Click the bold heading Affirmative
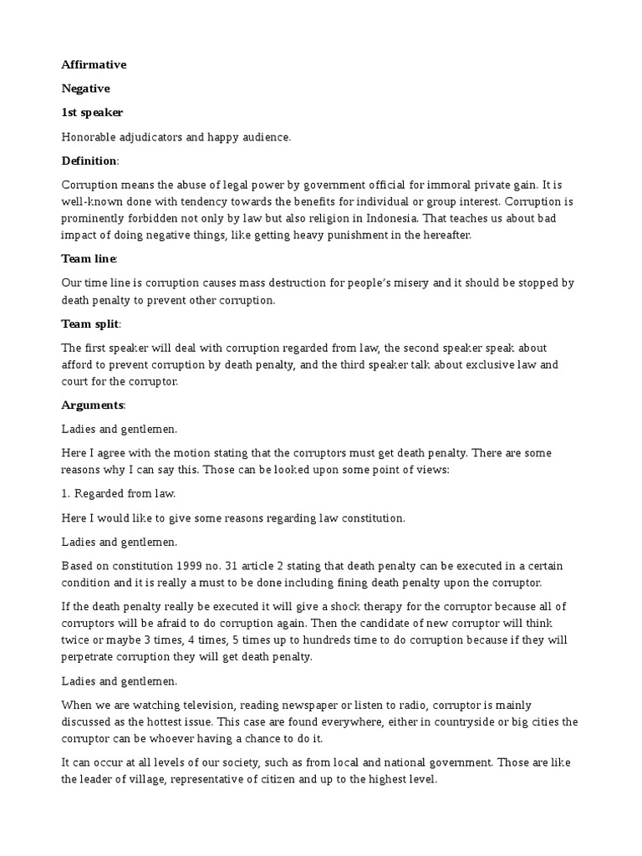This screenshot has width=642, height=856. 94,64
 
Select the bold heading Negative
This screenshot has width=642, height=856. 85,88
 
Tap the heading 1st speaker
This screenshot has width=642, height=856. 92,112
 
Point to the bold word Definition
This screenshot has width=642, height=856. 89,160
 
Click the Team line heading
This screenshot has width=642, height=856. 89,259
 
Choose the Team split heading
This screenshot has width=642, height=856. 90,324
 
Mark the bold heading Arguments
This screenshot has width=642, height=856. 93,405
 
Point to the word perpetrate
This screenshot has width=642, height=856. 90,656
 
